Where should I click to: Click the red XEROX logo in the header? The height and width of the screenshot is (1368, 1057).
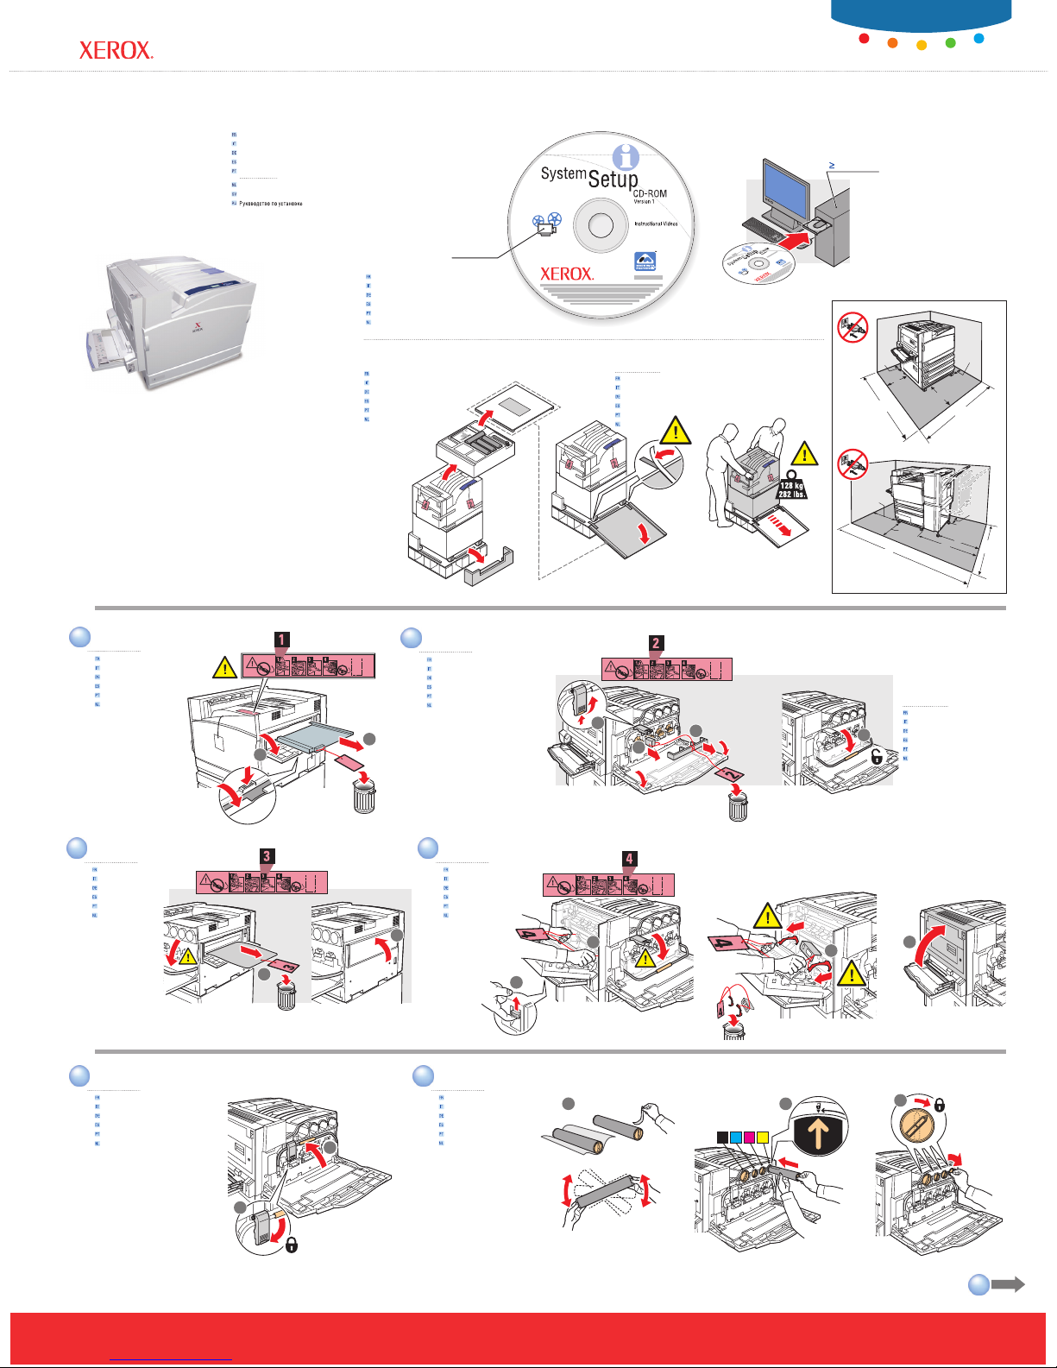pyautogui.click(x=116, y=51)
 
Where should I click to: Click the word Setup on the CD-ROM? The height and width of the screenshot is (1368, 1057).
pyautogui.click(x=613, y=179)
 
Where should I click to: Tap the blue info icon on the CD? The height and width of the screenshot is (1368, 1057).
pyautogui.click(x=625, y=157)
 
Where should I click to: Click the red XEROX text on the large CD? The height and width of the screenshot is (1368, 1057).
pyautogui.click(x=566, y=274)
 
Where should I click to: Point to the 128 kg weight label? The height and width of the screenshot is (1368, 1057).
pyautogui.click(x=791, y=489)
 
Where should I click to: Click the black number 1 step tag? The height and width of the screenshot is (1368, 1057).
pyautogui.click(x=281, y=640)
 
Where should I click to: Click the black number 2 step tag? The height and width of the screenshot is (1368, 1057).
pyautogui.click(x=656, y=643)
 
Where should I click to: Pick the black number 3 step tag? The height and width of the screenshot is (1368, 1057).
pyautogui.click(x=267, y=856)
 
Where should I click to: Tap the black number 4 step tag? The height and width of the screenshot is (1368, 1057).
pyautogui.click(x=630, y=859)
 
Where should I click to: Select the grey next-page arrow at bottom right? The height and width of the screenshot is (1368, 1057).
pyautogui.click(x=1007, y=1284)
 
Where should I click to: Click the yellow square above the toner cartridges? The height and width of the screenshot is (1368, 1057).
pyautogui.click(x=762, y=1137)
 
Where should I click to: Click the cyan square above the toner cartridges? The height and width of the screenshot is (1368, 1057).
pyautogui.click(x=736, y=1137)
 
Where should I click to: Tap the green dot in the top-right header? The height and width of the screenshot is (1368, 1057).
pyautogui.click(x=950, y=42)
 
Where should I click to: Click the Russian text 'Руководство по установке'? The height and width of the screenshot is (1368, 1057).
pyautogui.click(x=270, y=204)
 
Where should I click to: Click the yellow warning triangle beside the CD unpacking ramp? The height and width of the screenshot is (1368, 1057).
pyautogui.click(x=676, y=431)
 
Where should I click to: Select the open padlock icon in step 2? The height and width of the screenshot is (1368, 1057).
pyautogui.click(x=877, y=757)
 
